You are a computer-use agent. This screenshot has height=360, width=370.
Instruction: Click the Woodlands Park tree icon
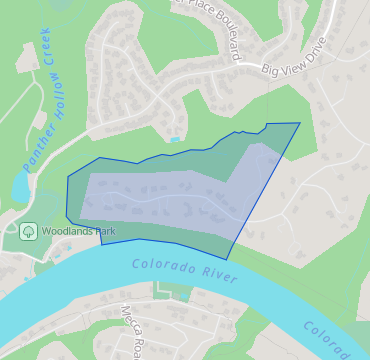[x=28, y=231]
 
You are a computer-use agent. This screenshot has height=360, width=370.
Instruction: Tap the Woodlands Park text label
[x=78, y=231]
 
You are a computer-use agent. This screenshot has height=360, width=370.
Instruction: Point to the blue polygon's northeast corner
[x=300, y=124]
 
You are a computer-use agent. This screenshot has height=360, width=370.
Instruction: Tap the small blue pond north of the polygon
[x=176, y=139]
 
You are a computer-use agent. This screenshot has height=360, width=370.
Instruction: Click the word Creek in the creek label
[x=49, y=64]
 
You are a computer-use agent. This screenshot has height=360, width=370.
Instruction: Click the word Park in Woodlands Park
[x=104, y=231]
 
